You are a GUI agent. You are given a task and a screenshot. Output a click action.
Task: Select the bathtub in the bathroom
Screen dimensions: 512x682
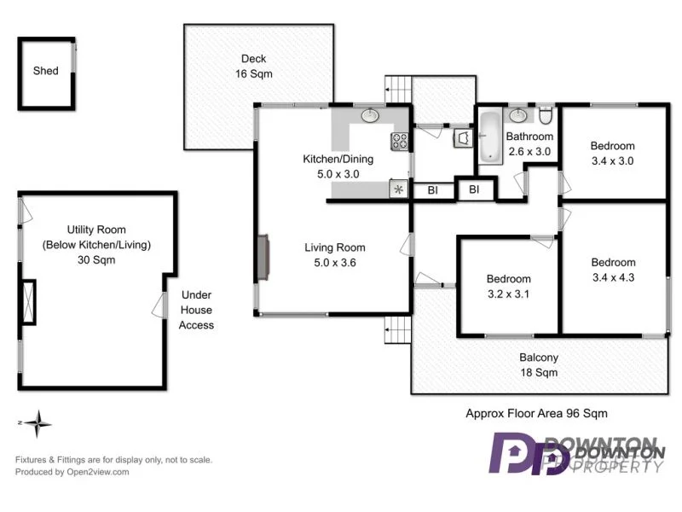tap(489, 136)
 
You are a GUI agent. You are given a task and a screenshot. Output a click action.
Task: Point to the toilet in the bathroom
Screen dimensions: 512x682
tap(546, 115)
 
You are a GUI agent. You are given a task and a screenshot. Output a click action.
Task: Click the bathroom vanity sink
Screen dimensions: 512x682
tap(518, 115)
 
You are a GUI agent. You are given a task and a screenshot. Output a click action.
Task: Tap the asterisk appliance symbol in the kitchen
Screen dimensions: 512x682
tap(398, 190)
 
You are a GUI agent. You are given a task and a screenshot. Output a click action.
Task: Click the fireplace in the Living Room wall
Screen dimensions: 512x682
tap(264, 256)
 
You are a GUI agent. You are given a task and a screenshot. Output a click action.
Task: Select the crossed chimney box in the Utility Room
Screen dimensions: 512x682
tap(29, 301)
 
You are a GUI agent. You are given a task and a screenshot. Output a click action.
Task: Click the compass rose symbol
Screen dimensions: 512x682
tap(38, 422)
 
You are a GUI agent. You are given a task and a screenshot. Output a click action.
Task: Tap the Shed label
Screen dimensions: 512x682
tap(46, 71)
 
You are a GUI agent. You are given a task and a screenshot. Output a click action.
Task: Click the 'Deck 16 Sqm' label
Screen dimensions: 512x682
tap(253, 67)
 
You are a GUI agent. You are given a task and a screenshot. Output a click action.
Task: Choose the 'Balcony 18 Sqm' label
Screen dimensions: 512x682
tap(539, 365)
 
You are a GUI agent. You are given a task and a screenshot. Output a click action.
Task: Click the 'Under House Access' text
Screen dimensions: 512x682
tap(196, 310)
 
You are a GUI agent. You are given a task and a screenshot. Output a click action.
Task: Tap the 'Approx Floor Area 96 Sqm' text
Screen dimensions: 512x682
tap(536, 413)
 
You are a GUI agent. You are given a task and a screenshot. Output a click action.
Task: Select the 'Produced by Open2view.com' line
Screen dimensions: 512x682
tap(72, 472)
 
